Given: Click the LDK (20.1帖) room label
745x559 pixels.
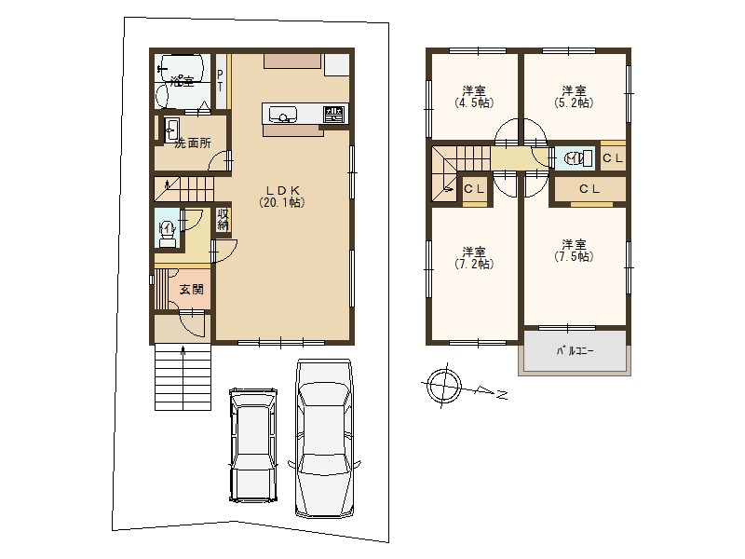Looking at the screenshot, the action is pyautogui.click(x=282, y=196).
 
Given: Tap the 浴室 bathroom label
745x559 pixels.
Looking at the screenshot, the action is pyautogui.click(x=183, y=81).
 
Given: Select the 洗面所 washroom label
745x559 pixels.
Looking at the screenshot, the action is pyautogui.click(x=193, y=143).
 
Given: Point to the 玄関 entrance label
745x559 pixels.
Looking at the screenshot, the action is pyautogui.click(x=192, y=289).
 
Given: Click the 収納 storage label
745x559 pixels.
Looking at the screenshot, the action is pyautogui.click(x=223, y=220).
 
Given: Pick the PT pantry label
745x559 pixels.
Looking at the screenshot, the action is pyautogui.click(x=220, y=80).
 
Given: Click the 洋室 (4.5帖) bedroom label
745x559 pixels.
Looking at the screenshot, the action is pyautogui.click(x=474, y=97).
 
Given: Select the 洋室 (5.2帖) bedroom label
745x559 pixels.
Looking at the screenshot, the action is pyautogui.click(x=574, y=97).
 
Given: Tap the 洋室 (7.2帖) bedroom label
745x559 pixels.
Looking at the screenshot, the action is pyautogui.click(x=474, y=258).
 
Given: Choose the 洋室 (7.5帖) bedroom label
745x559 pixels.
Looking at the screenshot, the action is pyautogui.click(x=574, y=251).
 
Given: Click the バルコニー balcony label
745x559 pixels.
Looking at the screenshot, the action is pyautogui.click(x=575, y=351).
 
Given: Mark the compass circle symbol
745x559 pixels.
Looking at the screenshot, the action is pyautogui.click(x=444, y=385).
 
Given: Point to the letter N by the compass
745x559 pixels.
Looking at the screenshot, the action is pyautogui.click(x=501, y=395).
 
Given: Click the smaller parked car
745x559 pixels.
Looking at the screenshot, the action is pyautogui.click(x=252, y=444).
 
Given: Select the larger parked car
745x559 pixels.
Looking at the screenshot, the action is pyautogui.click(x=324, y=438).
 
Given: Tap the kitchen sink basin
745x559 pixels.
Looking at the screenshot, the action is pyautogui.click(x=283, y=115).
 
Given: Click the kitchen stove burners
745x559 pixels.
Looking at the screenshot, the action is pyautogui.click(x=334, y=114).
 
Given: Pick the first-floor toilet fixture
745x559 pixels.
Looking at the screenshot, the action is pyautogui.click(x=167, y=234).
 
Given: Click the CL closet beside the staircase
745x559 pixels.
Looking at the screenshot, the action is pyautogui.click(x=474, y=189).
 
